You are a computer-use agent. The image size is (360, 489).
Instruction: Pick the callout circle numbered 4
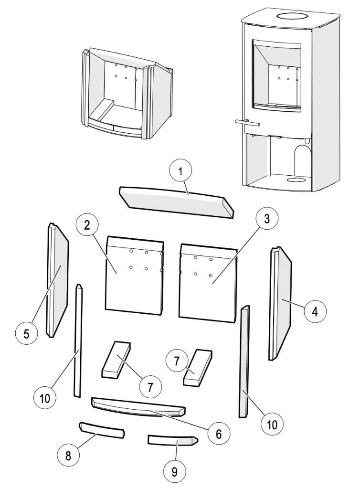[x=314, y=312]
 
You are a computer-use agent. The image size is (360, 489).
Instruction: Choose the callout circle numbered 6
[x=218, y=434]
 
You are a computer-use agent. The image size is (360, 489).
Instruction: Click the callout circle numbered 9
[x=175, y=472]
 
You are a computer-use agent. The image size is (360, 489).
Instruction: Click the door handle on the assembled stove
[x=247, y=123]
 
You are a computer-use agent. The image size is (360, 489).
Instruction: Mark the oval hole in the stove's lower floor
[x=297, y=181]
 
